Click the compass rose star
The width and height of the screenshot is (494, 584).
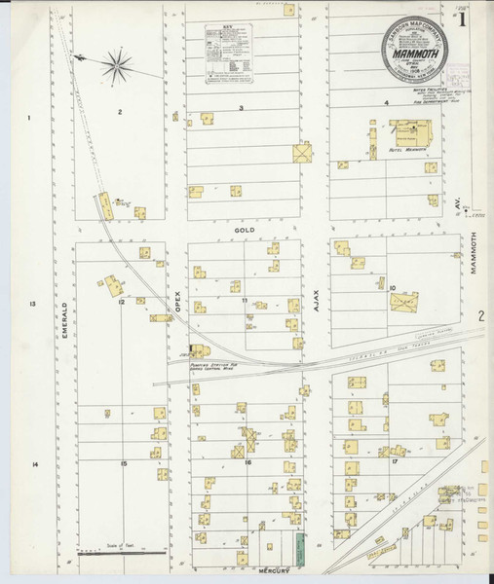[x=115, y=65]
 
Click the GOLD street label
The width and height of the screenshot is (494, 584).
[x=244, y=230]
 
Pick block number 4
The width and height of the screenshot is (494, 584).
[x=386, y=102]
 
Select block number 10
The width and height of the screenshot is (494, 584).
[x=392, y=288]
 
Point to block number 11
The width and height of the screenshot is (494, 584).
[x=246, y=301]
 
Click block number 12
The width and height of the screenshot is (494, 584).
[x=122, y=303]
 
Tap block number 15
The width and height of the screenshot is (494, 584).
[x=124, y=463]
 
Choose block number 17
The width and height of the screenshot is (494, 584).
[x=395, y=461]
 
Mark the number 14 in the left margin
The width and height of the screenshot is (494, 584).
[x=34, y=465]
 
